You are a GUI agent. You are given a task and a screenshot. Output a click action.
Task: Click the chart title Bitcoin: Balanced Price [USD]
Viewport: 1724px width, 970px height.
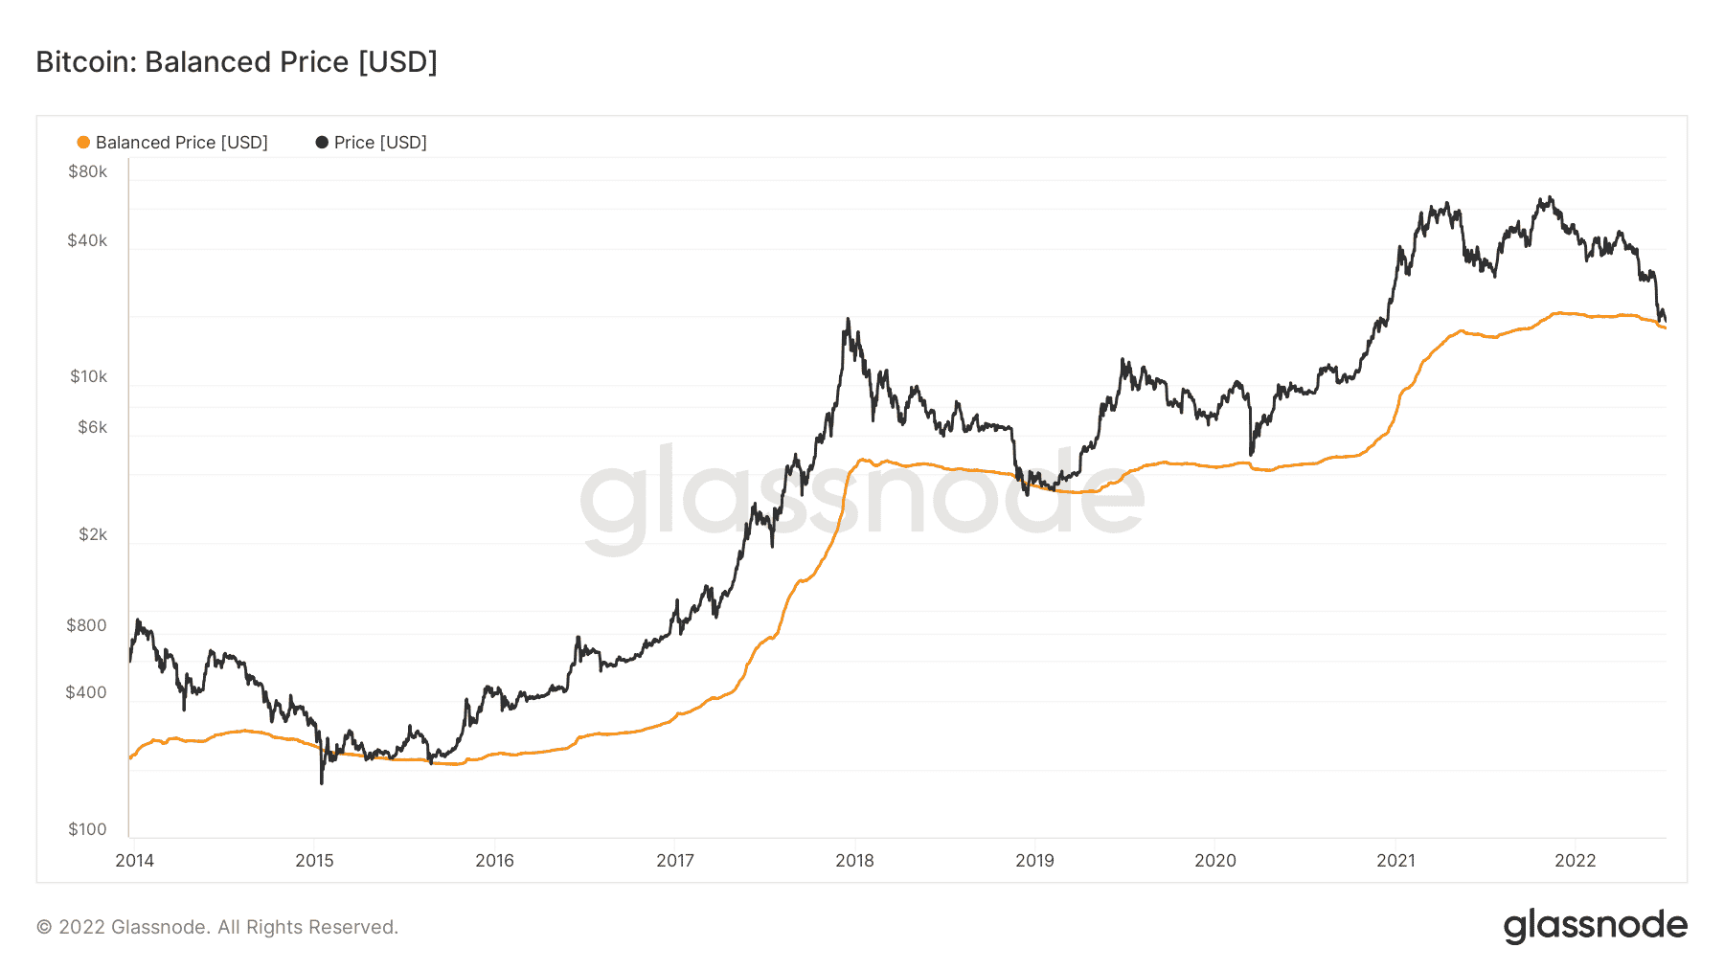coord(237,62)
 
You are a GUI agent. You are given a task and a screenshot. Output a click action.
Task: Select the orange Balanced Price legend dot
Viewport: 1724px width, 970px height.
coord(83,143)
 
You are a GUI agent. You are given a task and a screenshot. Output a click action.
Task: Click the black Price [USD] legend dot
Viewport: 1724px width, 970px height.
coord(322,143)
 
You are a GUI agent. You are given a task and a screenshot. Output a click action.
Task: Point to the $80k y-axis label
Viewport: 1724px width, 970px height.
coord(87,172)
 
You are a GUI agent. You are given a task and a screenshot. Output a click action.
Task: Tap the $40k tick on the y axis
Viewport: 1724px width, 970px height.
coord(87,241)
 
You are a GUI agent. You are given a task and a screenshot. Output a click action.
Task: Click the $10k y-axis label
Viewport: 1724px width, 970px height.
coord(88,377)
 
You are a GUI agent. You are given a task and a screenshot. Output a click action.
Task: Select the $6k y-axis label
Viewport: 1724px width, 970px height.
coord(92,428)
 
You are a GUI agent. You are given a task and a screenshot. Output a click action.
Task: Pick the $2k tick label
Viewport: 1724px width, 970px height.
coord(92,535)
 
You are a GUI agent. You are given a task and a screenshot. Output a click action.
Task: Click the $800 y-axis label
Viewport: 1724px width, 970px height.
coord(86,626)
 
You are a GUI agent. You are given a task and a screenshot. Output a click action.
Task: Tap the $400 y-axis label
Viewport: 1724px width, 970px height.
coord(86,693)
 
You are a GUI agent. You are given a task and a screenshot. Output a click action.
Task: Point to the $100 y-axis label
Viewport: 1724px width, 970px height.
coord(87,830)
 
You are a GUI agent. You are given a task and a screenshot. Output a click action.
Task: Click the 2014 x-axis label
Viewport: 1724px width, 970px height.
coord(134,861)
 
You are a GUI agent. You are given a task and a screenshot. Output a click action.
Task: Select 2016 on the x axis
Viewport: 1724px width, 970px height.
coord(494,861)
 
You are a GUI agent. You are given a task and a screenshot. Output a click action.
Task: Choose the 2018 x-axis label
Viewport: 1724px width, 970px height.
coord(854,861)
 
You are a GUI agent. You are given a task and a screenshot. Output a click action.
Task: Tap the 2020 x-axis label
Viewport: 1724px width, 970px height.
coord(1215,861)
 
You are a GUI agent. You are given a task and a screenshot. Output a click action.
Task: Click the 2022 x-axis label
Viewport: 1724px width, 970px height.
coord(1576,861)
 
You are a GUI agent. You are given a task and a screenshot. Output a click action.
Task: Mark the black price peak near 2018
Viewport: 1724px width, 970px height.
coord(848,319)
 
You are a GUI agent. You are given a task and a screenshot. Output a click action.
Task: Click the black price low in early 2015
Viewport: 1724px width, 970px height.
coord(322,783)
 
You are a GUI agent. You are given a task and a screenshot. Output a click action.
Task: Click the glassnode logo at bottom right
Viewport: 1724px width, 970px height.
coord(1595,926)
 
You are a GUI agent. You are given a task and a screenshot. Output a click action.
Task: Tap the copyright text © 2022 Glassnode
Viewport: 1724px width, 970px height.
coord(217,928)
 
